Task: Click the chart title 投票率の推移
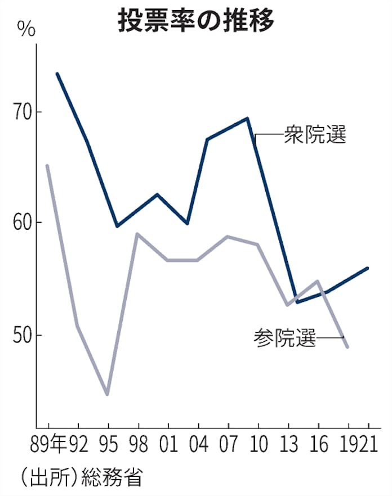pyautogui.click(x=195, y=21)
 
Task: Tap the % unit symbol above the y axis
pyautogui.click(x=25, y=28)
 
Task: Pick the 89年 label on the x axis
pyautogui.click(x=51, y=444)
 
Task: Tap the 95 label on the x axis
pyautogui.click(x=108, y=444)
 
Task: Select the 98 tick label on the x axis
pyautogui.click(x=137, y=444)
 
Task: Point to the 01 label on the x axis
pyautogui.click(x=168, y=444)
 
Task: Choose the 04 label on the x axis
pyautogui.click(x=198, y=444)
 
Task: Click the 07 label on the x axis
pyautogui.click(x=228, y=444)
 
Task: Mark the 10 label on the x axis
pyautogui.click(x=259, y=444)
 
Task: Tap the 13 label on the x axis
pyautogui.click(x=288, y=444)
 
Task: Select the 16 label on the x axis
pyautogui.click(x=319, y=444)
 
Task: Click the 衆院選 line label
pyautogui.click(x=315, y=136)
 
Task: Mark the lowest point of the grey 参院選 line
pyautogui.click(x=107, y=394)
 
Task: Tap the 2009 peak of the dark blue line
pyautogui.click(x=247, y=118)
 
